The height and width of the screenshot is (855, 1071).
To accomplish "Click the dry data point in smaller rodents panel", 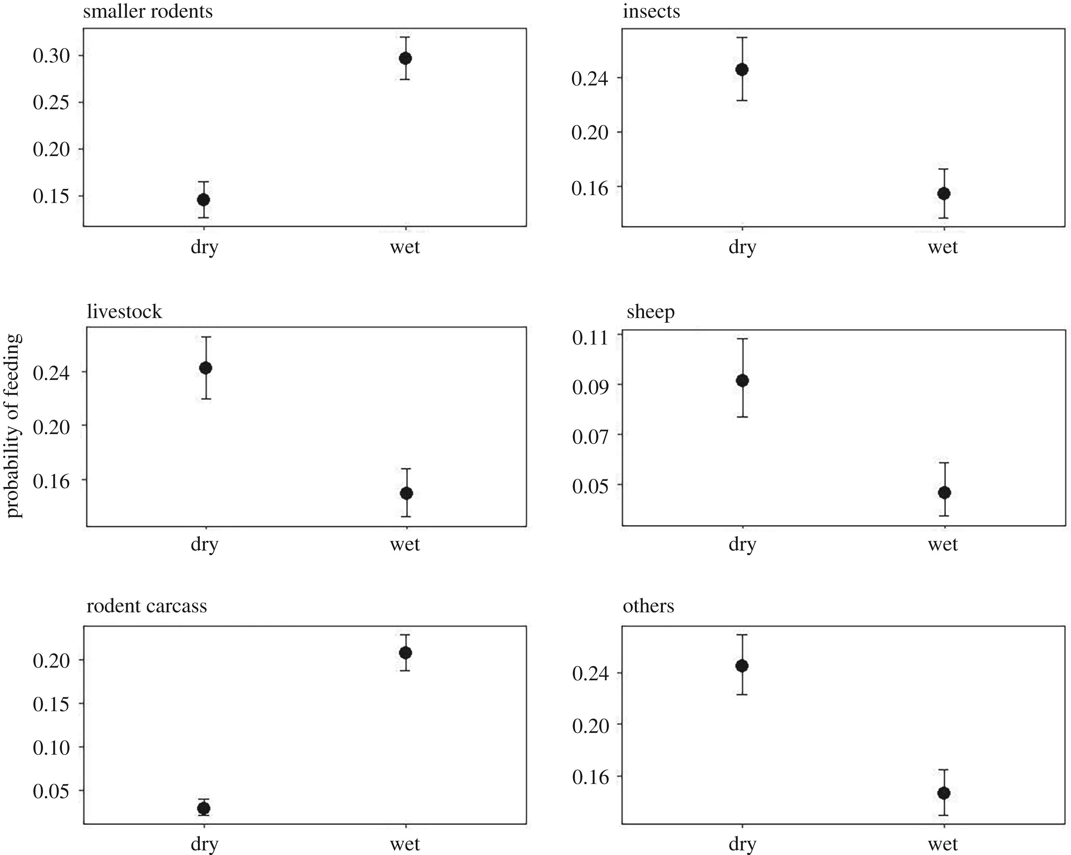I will coord(203,200).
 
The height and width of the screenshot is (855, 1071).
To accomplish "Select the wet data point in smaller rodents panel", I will coord(405,58).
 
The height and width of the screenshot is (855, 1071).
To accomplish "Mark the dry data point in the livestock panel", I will coord(206,368).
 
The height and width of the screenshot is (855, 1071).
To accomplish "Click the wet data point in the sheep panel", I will coord(944,492).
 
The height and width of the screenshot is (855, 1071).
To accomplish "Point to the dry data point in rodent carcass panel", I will coord(203,808).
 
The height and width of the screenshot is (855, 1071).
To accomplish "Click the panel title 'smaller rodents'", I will coord(147,11).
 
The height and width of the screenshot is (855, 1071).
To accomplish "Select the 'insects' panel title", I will coord(651,11).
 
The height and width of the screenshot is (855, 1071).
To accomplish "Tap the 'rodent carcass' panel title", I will coord(147,606).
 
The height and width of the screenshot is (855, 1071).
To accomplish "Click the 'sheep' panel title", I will coord(650,312).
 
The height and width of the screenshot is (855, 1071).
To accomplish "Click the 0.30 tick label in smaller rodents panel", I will coord(52,56).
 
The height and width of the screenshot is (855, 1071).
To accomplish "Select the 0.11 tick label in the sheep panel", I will coord(590,338).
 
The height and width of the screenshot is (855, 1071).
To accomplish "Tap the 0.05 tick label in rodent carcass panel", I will coord(52,791).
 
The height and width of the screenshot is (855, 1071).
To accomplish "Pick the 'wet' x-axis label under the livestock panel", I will coord(405,544).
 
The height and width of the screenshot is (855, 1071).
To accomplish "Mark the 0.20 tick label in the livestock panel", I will coord(52,426).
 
